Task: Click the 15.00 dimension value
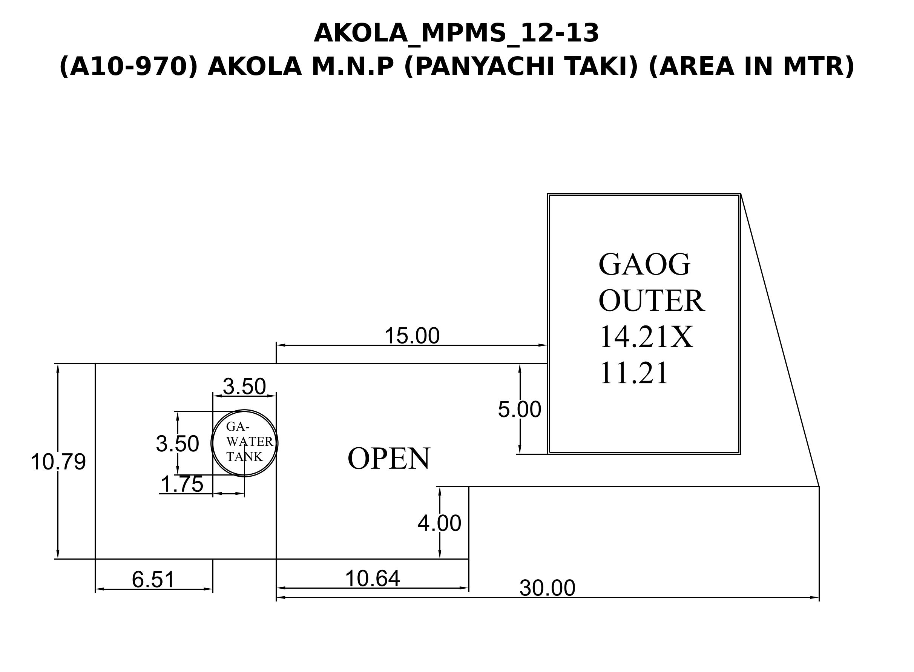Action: coord(412,336)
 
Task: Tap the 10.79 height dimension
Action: coord(58,462)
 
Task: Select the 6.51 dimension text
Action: coord(153,580)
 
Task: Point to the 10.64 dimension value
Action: coord(372,578)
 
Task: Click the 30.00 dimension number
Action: coord(547,588)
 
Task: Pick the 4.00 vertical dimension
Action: coord(439,523)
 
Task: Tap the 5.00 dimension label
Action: coord(520,410)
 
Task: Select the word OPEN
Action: coord(388,459)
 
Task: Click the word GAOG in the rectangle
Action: coord(644,265)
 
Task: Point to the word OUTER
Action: coord(651,301)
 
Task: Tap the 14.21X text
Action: coord(646,337)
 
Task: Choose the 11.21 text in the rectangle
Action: coord(633,373)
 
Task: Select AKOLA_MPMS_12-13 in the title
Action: coord(456,33)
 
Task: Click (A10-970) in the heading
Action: coord(129,66)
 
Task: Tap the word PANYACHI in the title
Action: coord(481,66)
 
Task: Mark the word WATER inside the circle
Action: coord(250,442)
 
